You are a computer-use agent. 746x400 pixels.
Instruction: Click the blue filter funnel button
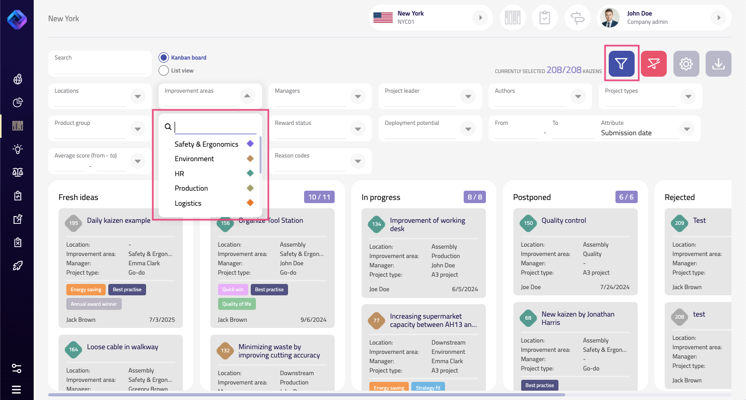tap(621, 64)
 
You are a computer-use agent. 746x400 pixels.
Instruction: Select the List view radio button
tap(164, 70)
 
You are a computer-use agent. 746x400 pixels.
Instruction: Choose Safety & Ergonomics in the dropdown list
tap(206, 144)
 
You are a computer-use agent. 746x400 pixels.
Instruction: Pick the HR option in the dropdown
tap(179, 174)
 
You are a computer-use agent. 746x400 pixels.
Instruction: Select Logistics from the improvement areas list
tap(188, 203)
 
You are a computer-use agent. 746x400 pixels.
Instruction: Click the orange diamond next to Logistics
tap(250, 203)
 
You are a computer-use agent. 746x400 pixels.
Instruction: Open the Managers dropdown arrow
tap(357, 96)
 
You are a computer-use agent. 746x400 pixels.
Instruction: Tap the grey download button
tap(718, 64)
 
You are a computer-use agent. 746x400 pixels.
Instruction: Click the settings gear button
tap(686, 64)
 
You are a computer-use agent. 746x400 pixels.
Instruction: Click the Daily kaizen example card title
tap(119, 220)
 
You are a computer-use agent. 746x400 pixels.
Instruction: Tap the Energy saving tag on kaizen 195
tap(85, 289)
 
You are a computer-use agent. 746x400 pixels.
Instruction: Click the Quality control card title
tap(564, 220)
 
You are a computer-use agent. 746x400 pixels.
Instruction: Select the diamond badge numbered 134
tap(377, 224)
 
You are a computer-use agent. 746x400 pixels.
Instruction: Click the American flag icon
tap(383, 18)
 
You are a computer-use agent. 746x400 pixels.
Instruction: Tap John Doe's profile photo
tap(609, 18)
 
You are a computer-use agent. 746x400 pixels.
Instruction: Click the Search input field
tap(99, 68)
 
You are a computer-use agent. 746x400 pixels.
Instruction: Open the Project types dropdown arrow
tap(687, 96)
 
